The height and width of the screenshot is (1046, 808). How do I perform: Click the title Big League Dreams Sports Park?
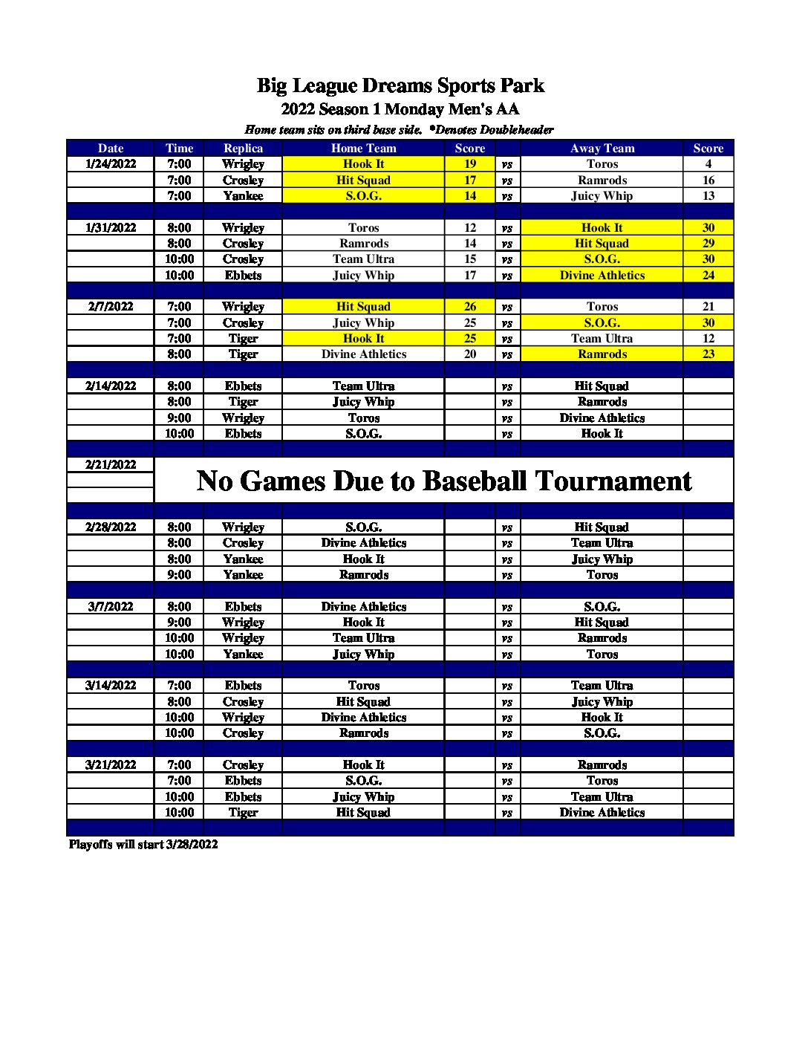click(400, 86)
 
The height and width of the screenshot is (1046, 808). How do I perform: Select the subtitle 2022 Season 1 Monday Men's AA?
click(400, 109)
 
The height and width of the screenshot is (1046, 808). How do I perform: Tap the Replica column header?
click(243, 149)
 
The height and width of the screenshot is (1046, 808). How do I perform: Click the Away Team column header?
click(602, 149)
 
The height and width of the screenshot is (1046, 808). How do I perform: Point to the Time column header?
click(179, 149)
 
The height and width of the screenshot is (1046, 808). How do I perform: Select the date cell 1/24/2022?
click(111, 164)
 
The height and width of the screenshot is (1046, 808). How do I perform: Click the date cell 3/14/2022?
click(111, 686)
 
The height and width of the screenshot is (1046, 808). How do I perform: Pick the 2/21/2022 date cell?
click(111, 465)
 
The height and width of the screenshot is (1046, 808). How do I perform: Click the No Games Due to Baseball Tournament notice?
click(443, 481)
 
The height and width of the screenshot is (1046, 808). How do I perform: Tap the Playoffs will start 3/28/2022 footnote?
click(143, 845)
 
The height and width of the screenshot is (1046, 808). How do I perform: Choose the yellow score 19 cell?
click(470, 164)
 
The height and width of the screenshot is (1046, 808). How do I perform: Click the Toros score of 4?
click(708, 164)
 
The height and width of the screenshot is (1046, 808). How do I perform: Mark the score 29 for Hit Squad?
click(708, 244)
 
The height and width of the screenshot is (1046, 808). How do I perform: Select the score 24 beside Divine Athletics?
click(708, 276)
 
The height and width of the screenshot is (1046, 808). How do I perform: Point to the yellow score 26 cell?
click(470, 307)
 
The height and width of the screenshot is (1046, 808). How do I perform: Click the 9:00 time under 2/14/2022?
click(179, 418)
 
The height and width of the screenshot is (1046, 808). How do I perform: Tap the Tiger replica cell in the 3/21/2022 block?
click(243, 813)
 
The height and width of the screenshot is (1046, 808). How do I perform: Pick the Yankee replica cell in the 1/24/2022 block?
click(243, 196)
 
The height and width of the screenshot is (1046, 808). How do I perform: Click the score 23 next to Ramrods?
click(708, 354)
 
